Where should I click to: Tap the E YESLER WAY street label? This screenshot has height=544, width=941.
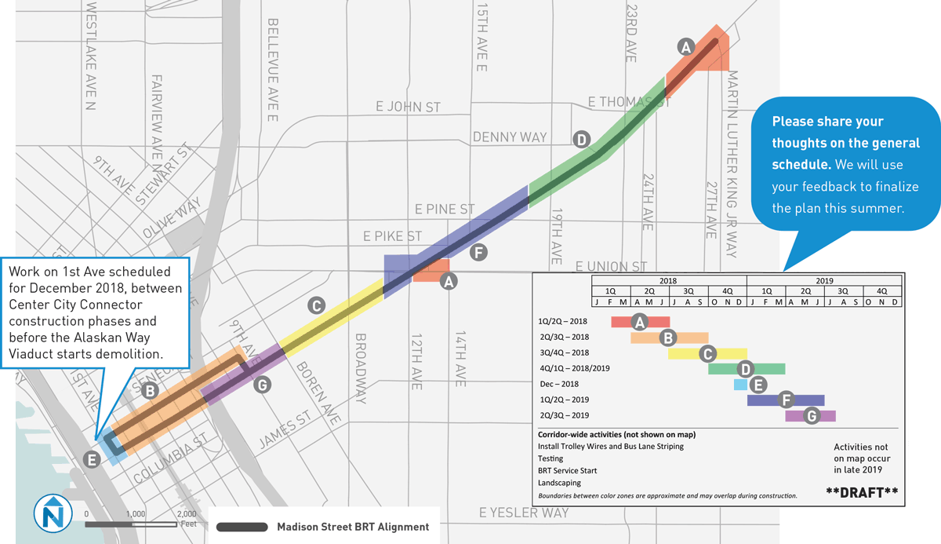point(524,513)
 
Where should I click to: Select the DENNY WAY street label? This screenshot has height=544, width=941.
point(510,137)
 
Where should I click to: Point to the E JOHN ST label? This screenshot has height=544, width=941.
point(408,107)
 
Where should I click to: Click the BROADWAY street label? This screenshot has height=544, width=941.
point(361,368)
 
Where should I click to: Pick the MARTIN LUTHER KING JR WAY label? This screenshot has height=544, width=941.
point(732,164)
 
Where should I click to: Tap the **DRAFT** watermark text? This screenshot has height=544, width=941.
point(862,492)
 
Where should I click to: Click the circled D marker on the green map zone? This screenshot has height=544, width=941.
point(581,140)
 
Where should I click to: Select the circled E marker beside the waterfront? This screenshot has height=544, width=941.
point(92,460)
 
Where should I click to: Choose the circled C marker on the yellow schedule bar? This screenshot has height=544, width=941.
point(707,353)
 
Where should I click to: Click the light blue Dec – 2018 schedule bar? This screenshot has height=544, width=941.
point(739,385)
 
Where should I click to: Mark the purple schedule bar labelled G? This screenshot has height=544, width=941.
point(810,416)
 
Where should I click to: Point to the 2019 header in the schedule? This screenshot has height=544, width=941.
point(823,280)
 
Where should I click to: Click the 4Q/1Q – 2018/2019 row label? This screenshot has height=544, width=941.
point(574,368)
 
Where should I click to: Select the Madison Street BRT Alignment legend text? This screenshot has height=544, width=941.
point(353,527)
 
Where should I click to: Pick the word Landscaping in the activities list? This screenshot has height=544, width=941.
point(560,483)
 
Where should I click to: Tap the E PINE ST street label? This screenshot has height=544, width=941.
point(445,210)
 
